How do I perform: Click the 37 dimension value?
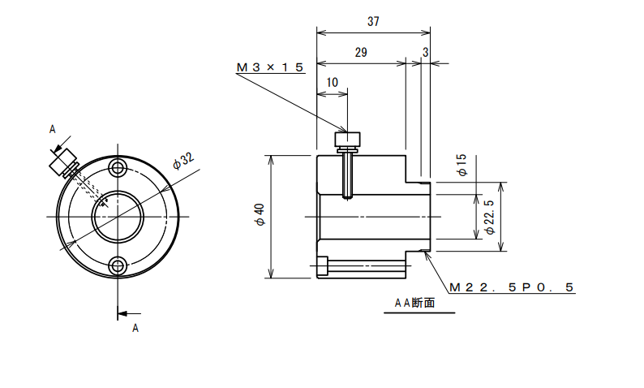pyautogui.click(x=373, y=21)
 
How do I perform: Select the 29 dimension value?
pyautogui.click(x=361, y=53)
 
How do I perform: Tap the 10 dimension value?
pyautogui.click(x=332, y=83)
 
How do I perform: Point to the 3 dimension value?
pyautogui.click(x=426, y=53)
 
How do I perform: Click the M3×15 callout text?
pyautogui.click(x=270, y=67)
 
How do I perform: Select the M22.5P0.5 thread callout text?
pyautogui.click(x=511, y=287)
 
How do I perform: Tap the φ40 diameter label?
pyautogui.click(x=260, y=214)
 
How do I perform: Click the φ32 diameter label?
pyautogui.click(x=183, y=161)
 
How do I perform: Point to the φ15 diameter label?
pyautogui.click(x=462, y=165)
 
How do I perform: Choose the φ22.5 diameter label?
pyautogui.click(x=490, y=217)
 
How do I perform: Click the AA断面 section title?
pyautogui.click(x=414, y=303)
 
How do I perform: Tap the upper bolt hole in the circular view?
pyautogui.click(x=118, y=167)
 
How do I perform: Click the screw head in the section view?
pyautogui.click(x=347, y=139)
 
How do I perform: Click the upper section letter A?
pyautogui.click(x=52, y=130)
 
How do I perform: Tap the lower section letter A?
pyautogui.click(x=135, y=329)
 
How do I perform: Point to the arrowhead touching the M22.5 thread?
pyautogui.click(x=427, y=256)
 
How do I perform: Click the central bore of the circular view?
pyautogui.click(x=118, y=217)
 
